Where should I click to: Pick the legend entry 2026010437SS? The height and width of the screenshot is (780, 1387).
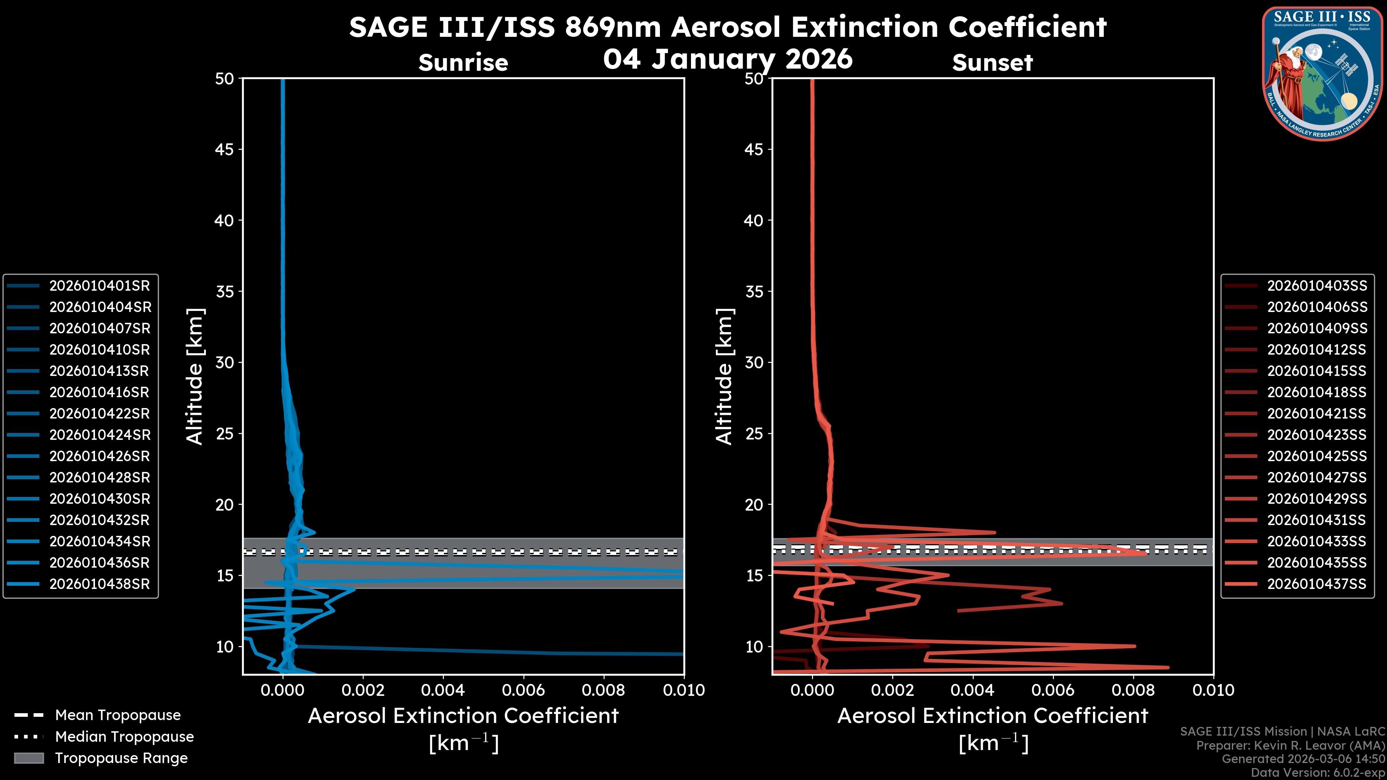click(x=1317, y=584)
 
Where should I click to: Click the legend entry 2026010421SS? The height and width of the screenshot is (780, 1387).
click(x=1317, y=413)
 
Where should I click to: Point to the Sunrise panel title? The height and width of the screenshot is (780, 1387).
click(x=463, y=63)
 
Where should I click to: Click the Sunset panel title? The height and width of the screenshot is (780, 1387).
click(x=992, y=63)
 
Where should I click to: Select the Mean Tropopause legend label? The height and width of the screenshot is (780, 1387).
click(x=118, y=715)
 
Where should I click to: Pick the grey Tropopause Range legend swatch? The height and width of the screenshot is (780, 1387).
click(x=29, y=758)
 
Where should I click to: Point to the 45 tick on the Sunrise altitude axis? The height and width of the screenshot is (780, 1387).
click(x=225, y=149)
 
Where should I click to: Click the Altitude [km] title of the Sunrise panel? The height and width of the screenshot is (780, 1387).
click(x=194, y=376)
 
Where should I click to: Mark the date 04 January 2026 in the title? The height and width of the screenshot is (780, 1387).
click(x=728, y=58)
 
